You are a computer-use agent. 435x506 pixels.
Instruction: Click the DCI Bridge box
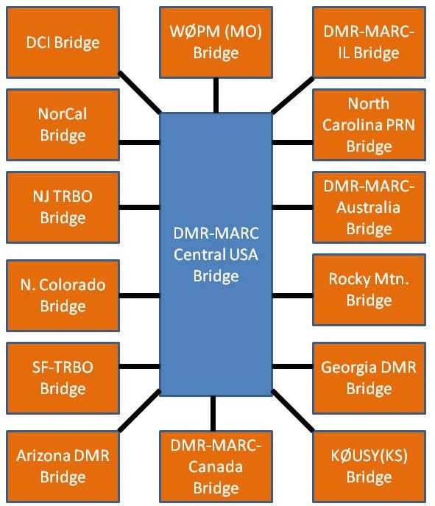[x=63, y=42]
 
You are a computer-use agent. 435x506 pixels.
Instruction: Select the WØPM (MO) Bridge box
[x=216, y=42]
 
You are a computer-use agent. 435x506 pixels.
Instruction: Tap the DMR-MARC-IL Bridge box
[x=369, y=42]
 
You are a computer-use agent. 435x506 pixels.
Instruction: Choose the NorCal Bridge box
[x=63, y=124]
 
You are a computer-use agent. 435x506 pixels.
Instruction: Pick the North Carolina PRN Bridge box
[x=369, y=124]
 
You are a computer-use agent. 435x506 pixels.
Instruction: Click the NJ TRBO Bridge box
[x=63, y=207]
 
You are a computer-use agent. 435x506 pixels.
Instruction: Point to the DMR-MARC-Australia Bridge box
[x=369, y=207]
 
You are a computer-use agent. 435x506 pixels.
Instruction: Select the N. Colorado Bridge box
[x=63, y=295]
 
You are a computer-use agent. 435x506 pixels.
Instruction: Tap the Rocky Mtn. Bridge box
[x=369, y=289]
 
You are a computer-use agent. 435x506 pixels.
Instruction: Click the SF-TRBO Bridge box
[x=63, y=378]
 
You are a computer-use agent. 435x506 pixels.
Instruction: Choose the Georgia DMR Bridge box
[x=369, y=378]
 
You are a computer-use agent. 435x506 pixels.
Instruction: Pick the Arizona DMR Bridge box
[x=63, y=467]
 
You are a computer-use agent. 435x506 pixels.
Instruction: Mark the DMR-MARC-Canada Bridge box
[x=216, y=467]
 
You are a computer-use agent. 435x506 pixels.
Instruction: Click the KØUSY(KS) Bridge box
[x=369, y=467]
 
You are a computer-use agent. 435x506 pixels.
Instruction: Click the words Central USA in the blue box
[x=216, y=255]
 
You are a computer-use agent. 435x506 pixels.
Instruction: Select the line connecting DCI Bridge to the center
[x=140, y=93]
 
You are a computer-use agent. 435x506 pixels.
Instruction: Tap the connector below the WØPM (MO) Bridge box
[x=216, y=96]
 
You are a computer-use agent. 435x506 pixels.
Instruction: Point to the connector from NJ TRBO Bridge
[x=140, y=207]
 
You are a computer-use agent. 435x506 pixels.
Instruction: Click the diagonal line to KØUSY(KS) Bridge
[x=292, y=410]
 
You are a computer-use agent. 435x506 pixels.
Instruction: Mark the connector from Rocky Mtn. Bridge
[x=292, y=295]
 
